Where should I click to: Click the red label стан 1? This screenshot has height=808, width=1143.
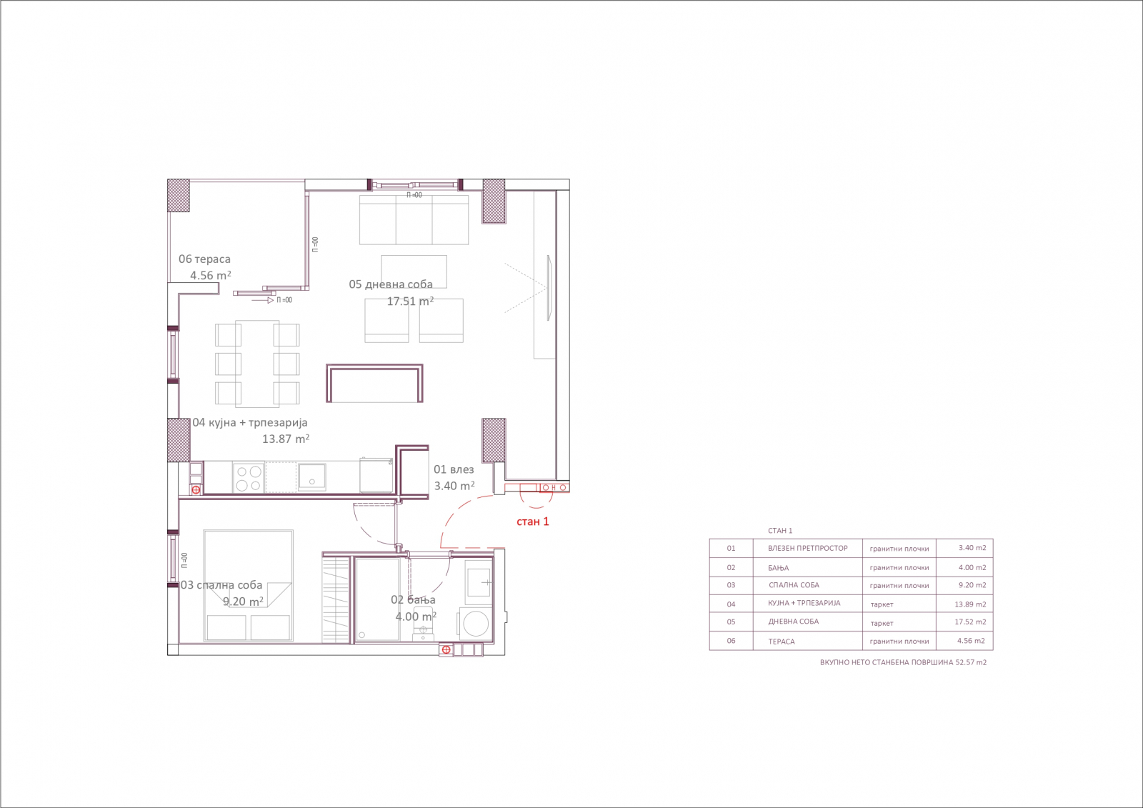coord(533,522)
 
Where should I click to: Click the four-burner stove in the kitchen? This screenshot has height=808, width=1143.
coord(249,478)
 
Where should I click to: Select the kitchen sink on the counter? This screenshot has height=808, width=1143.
coord(311,477)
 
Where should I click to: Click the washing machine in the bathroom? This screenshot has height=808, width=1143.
coord(476,623)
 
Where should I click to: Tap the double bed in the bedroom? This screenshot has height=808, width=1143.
coord(249,585)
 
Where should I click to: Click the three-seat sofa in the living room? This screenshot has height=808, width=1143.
coord(414,219)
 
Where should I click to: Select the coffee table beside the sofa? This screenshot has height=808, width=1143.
coord(414,271)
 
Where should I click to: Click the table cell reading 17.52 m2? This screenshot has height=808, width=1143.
coord(970,622)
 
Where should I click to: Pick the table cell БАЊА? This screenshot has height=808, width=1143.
coord(778,567)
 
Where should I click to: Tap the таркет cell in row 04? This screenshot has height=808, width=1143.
coord(882,604)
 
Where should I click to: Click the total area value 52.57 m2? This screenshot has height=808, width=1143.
coord(971,662)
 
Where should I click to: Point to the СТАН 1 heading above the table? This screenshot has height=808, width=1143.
coord(780,531)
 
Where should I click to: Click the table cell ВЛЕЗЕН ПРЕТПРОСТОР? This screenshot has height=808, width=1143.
coord(808,548)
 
